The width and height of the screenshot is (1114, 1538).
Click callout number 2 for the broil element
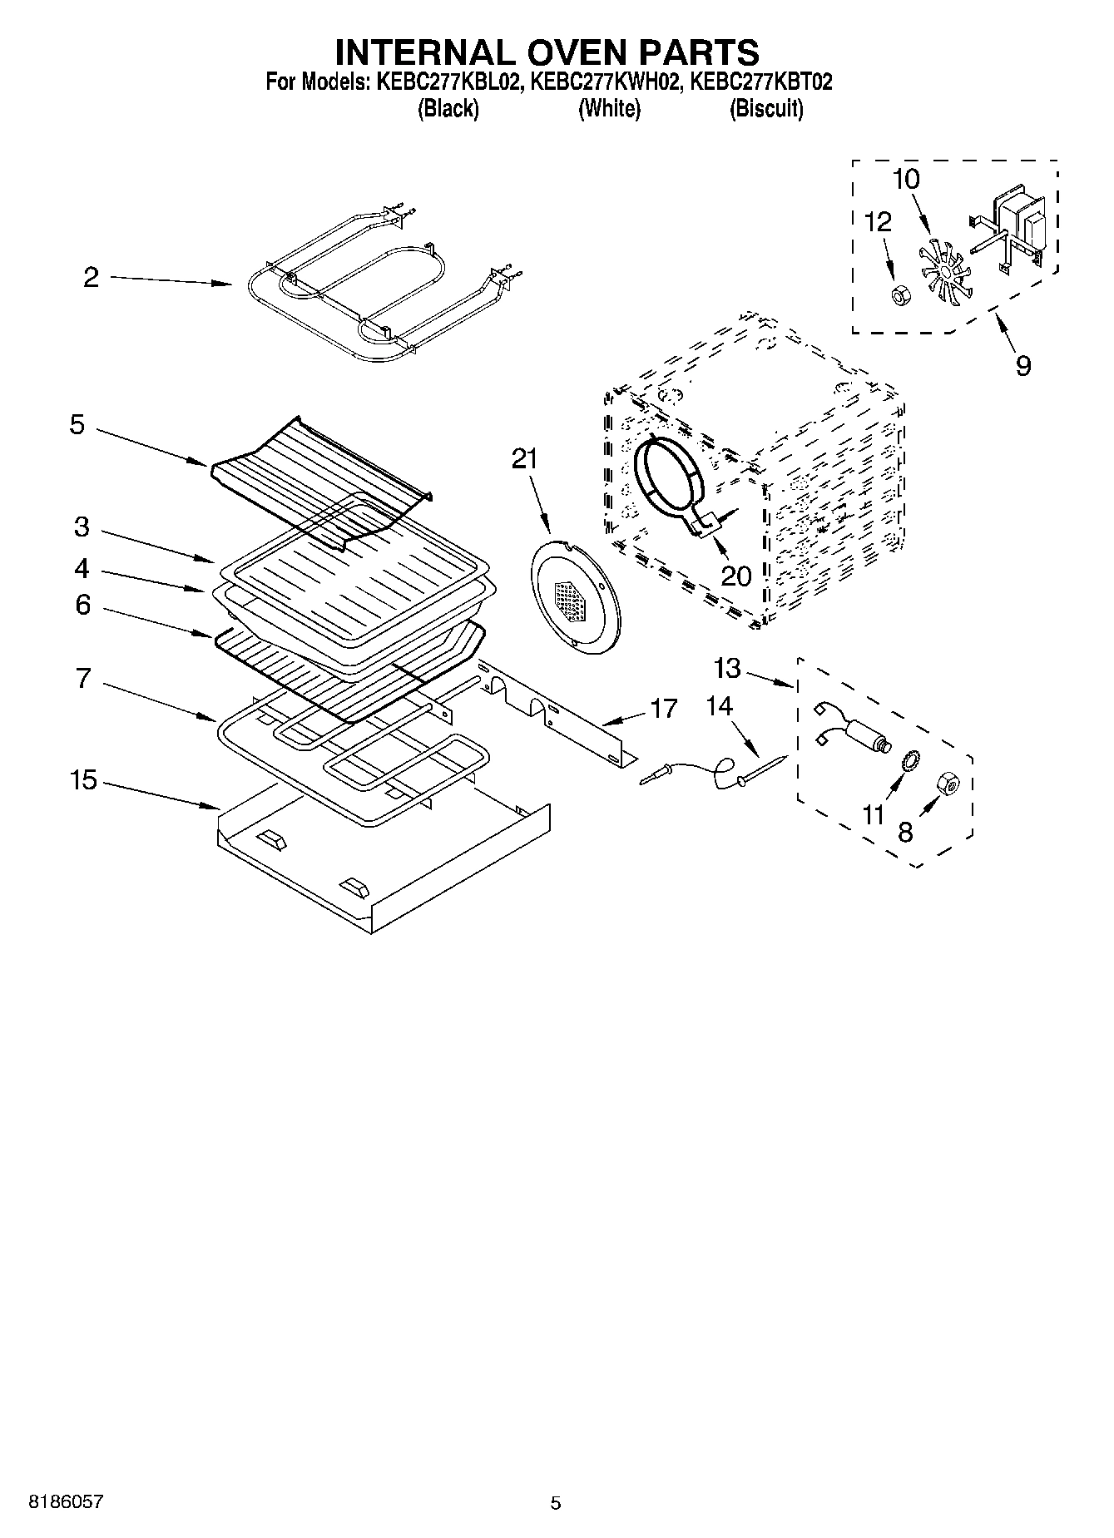(91, 278)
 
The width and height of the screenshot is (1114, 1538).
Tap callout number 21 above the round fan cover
(524, 459)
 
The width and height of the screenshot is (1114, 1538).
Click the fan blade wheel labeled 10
(942, 270)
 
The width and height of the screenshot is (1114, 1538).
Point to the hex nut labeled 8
(946, 783)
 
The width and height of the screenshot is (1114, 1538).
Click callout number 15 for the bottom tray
(83, 780)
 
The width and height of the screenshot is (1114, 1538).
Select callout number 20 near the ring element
(736, 575)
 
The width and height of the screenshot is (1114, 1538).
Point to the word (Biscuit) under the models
(766, 109)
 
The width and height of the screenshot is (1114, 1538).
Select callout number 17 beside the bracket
(663, 709)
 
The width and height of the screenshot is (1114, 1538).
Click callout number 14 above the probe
(720, 706)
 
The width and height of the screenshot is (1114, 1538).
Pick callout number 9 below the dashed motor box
(1023, 365)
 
